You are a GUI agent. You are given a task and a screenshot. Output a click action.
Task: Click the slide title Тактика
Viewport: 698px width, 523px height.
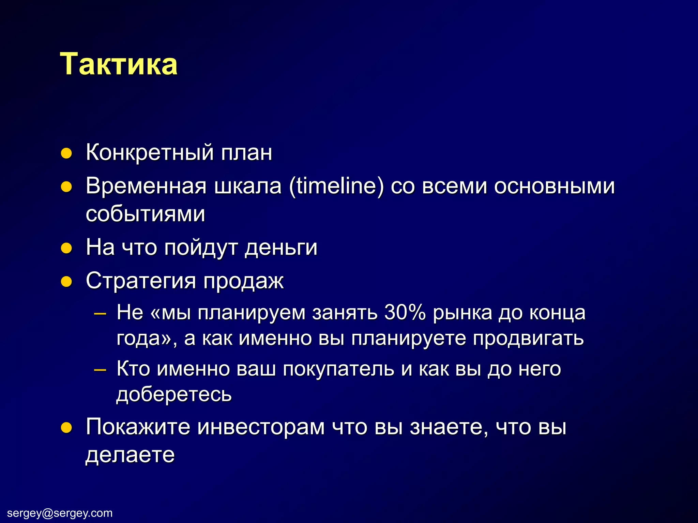click(x=119, y=64)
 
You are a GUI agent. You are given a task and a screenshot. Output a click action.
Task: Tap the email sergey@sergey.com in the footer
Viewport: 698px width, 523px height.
click(x=60, y=513)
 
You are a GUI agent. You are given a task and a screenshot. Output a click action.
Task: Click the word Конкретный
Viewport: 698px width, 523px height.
click(x=149, y=152)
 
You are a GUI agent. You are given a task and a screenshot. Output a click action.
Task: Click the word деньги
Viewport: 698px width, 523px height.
click(x=281, y=248)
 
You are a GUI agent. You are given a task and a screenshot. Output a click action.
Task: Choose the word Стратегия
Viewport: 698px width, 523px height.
click(x=141, y=281)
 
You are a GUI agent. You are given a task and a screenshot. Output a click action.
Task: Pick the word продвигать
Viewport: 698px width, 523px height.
click(x=528, y=338)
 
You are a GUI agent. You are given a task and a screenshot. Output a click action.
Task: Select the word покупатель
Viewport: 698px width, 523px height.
click(x=338, y=369)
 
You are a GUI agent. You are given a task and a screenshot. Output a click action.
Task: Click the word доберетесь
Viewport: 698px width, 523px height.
click(x=174, y=395)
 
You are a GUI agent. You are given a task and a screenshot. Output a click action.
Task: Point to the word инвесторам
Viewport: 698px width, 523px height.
click(x=261, y=427)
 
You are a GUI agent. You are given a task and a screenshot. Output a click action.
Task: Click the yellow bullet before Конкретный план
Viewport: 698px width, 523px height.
click(x=66, y=154)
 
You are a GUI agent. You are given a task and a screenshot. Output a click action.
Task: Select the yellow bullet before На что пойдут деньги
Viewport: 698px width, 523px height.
click(x=66, y=248)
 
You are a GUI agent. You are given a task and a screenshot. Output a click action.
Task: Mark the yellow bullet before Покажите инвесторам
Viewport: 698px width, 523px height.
click(x=66, y=428)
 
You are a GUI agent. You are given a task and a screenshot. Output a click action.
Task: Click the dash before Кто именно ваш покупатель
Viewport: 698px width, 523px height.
click(x=100, y=369)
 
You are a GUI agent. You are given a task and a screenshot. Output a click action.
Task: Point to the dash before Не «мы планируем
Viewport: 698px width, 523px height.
click(x=100, y=313)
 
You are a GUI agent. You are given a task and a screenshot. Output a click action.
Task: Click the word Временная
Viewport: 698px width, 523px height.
click(x=146, y=186)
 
